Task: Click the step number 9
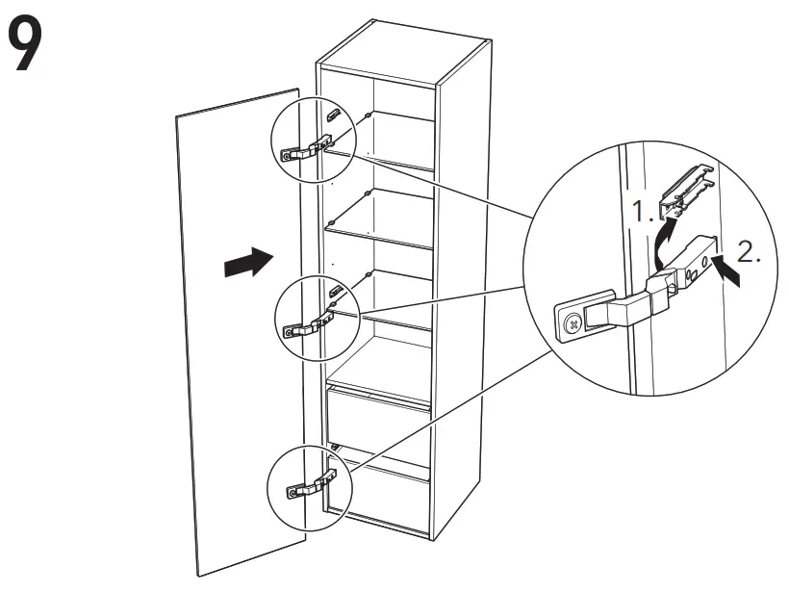point(25,45)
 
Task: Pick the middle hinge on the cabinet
point(306,326)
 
